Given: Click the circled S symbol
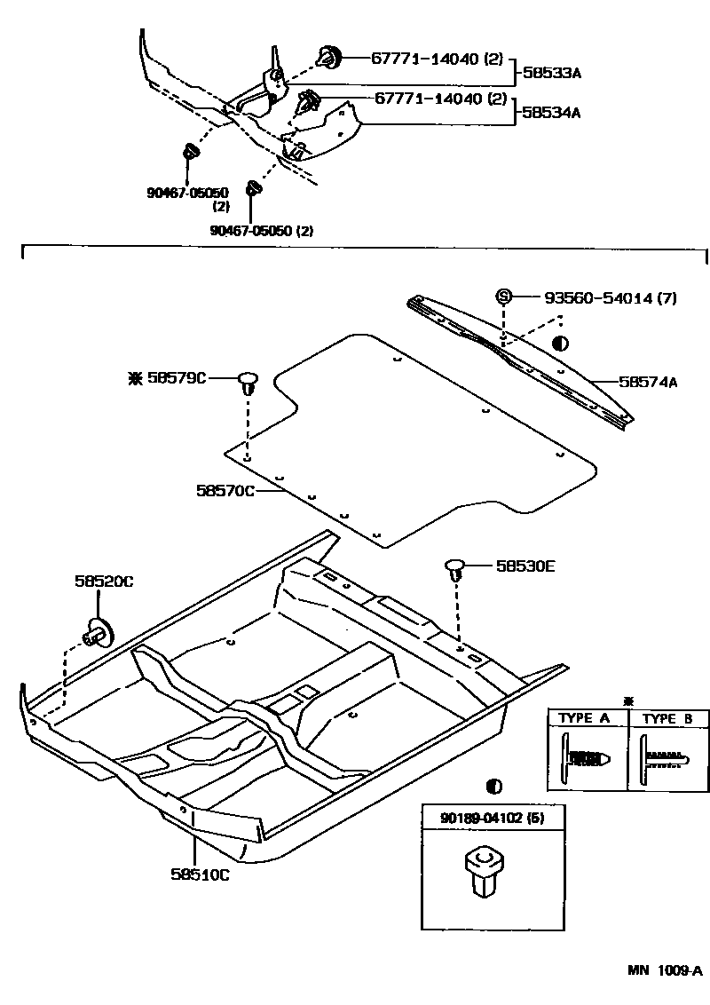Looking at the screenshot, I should [503, 297].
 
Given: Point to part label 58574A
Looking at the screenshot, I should [648, 383].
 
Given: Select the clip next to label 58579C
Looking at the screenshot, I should [248, 384].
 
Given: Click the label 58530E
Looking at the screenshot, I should [525, 565].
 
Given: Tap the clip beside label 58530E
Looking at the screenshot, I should [456, 568].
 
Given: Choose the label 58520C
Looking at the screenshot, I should [104, 581].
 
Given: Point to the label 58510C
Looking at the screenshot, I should [201, 874].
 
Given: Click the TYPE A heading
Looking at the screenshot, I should [584, 718].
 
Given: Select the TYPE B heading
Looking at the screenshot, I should [667, 718].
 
